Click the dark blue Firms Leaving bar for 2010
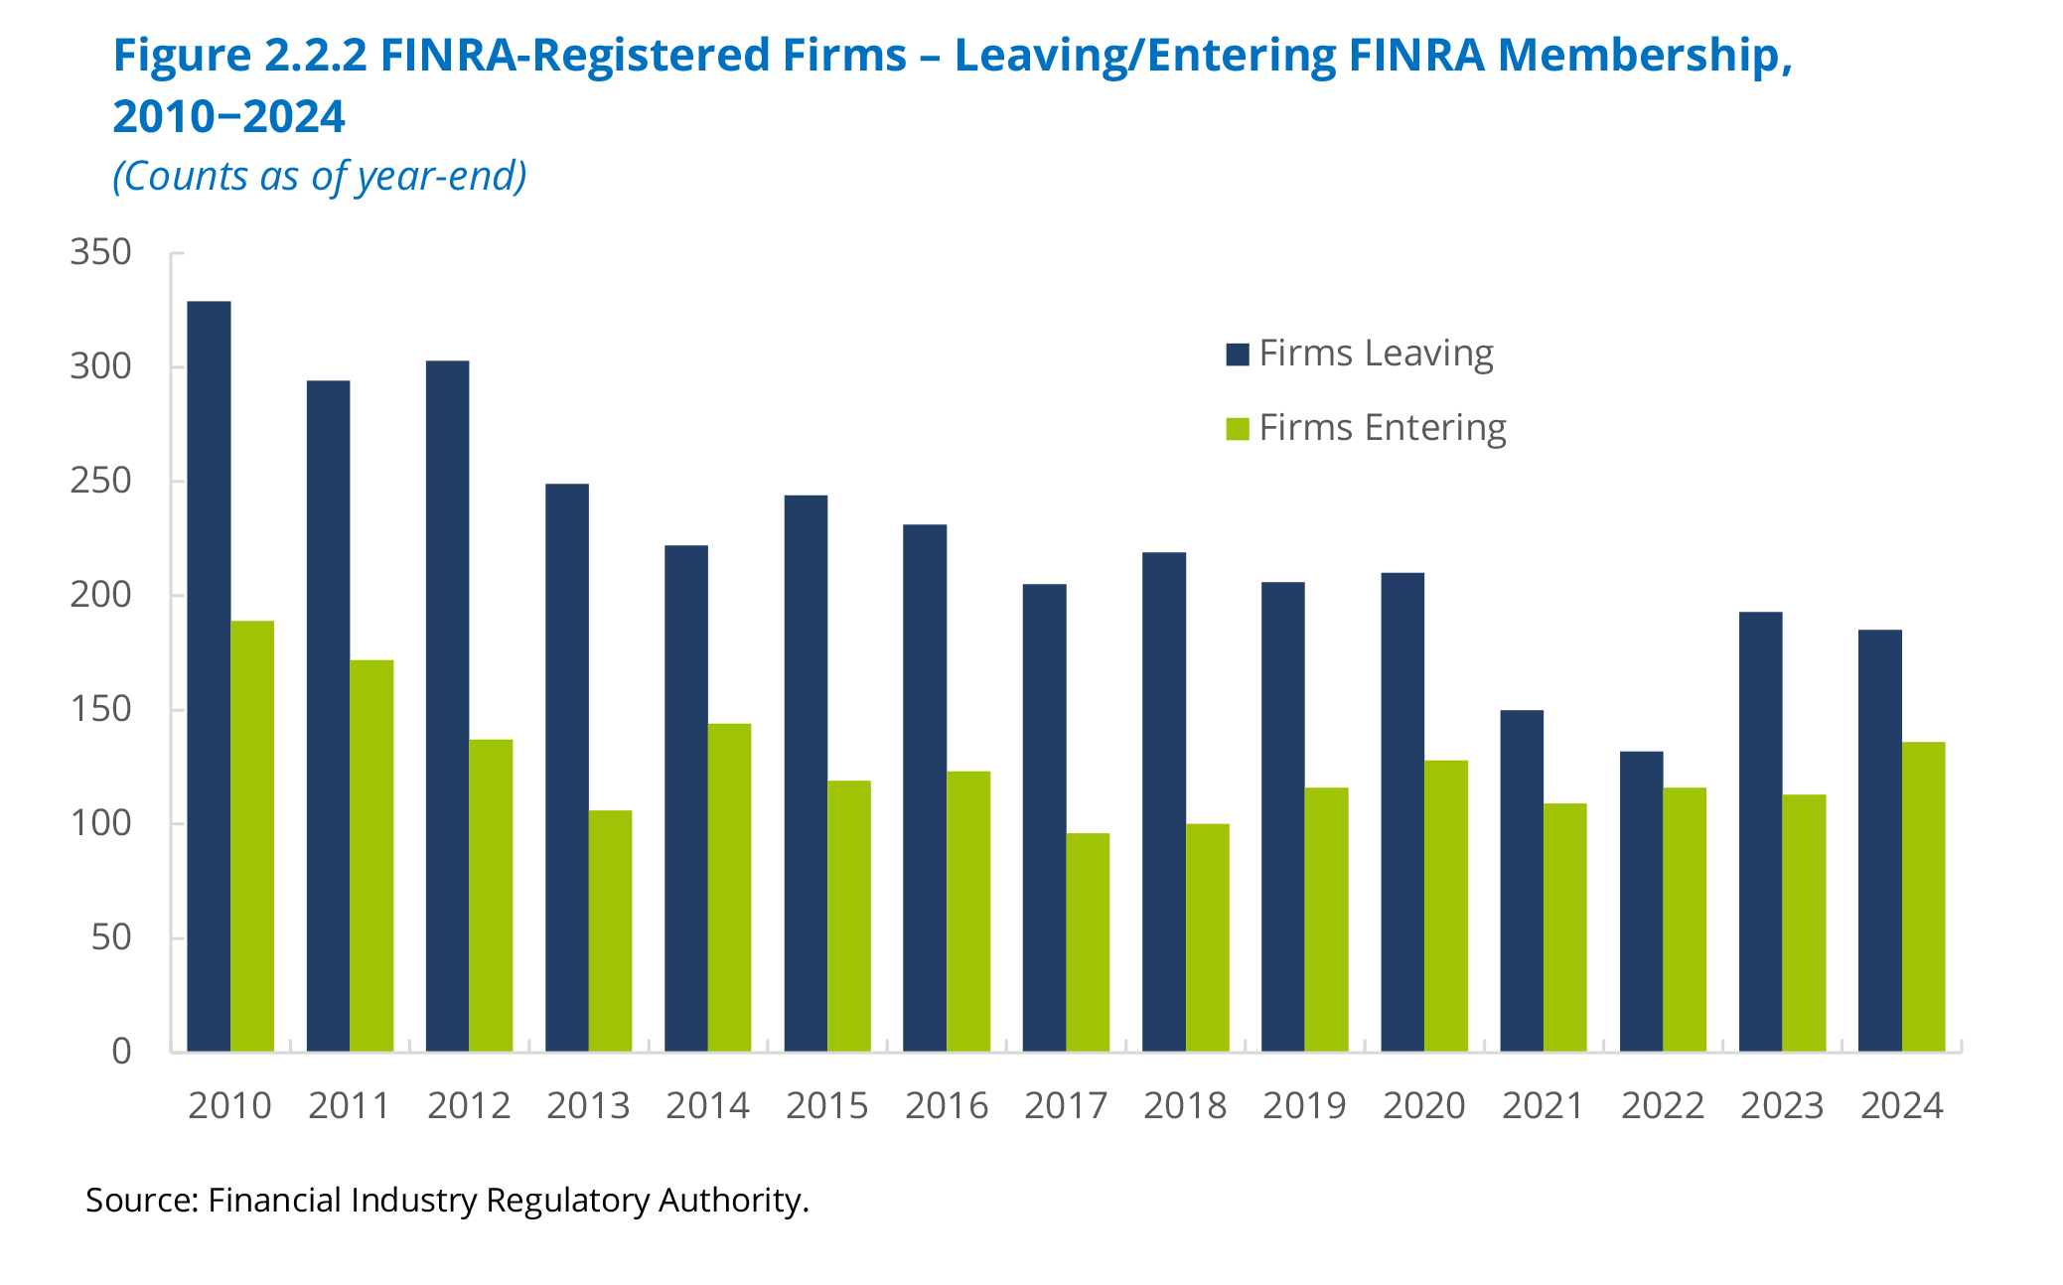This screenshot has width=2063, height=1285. pos(209,675)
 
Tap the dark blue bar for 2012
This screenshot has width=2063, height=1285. pos(447,705)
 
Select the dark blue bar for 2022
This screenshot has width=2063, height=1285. pos(1641,901)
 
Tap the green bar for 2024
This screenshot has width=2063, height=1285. pos(1923,896)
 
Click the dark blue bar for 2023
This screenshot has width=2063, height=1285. pos(1760,831)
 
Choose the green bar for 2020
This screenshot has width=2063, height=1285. pos(1446,906)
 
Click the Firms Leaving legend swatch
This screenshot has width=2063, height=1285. pos(1238,355)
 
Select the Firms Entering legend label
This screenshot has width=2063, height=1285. pos(1383,428)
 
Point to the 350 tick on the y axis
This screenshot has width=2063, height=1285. pos(100,253)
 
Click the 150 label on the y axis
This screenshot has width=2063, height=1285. pos(100,710)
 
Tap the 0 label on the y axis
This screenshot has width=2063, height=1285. pos(121,1052)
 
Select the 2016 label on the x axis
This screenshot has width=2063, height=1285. pos(947,1106)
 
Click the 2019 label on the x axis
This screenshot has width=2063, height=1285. pos(1304,1106)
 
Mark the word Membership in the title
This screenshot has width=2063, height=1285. pos(1644,56)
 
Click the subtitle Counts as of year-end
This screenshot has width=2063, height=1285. pos(320,177)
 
